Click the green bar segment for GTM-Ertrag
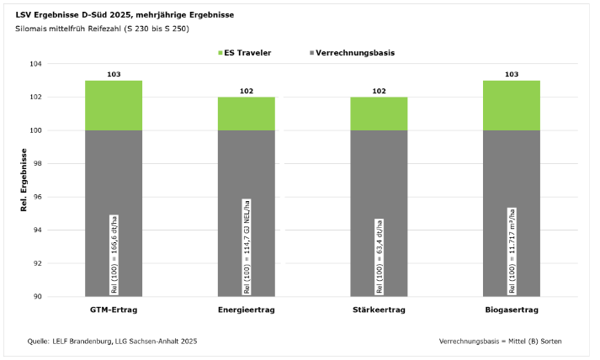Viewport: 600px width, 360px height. (114, 105)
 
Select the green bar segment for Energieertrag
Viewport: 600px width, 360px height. (246, 114)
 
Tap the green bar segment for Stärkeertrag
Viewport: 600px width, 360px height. (379, 114)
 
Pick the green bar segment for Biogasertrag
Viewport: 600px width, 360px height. (511, 105)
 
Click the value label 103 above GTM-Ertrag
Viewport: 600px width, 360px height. (114, 75)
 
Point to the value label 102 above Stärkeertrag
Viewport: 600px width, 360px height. (379, 91)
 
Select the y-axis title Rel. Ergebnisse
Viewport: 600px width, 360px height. (25, 180)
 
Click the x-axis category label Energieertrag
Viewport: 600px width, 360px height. (246, 310)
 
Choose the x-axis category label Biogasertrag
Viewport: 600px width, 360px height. (511, 310)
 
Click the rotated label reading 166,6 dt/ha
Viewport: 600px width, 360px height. (114, 254)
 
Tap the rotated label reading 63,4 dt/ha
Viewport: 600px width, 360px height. (379, 256)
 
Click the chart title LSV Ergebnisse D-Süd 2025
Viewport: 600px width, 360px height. (125, 15)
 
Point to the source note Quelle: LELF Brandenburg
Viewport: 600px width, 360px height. (112, 341)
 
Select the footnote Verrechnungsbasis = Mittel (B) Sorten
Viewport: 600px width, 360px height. (500, 341)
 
